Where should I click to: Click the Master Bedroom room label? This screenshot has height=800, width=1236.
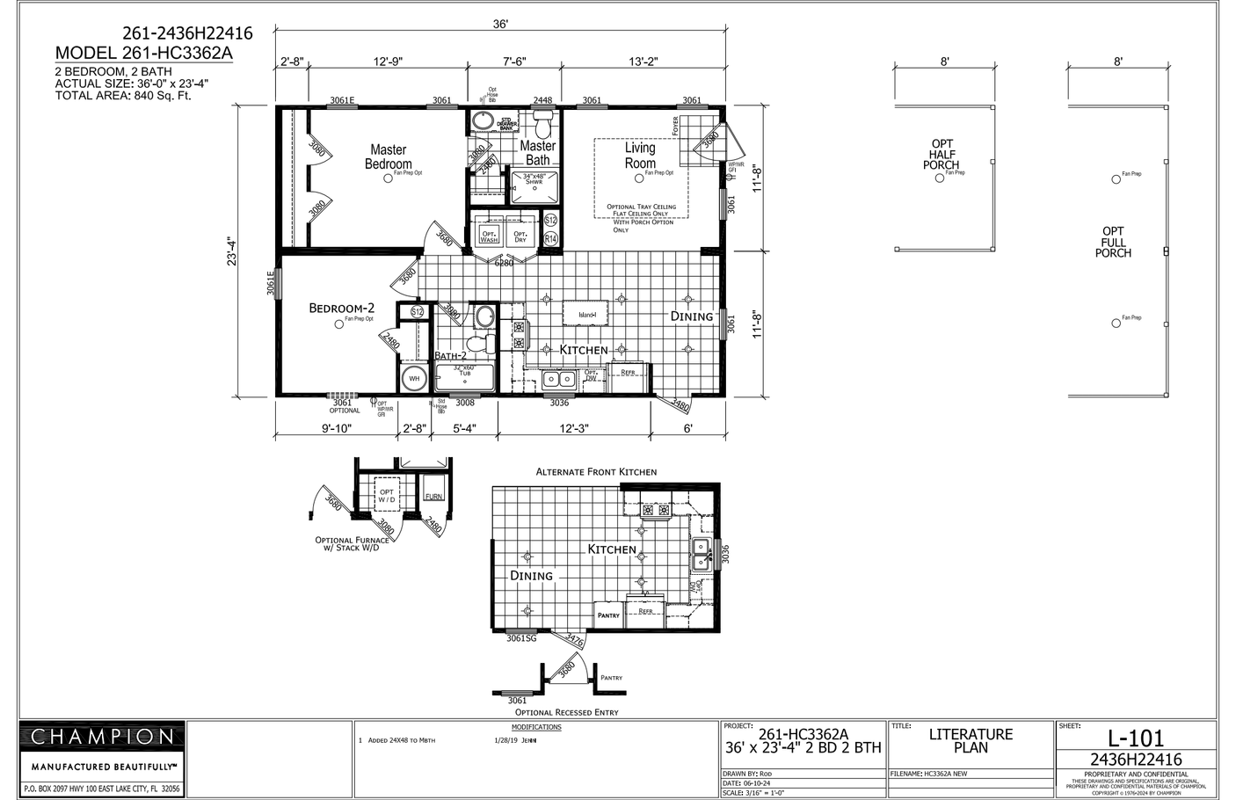tap(388, 157)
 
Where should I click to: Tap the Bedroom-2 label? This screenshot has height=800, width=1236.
tap(341, 308)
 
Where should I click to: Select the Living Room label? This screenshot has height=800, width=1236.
tap(640, 156)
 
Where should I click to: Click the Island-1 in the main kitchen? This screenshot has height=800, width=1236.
tap(587, 315)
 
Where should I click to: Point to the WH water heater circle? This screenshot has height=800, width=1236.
tap(413, 379)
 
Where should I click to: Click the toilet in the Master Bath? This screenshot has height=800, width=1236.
tap(542, 118)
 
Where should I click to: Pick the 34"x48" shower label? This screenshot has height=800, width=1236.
tap(535, 178)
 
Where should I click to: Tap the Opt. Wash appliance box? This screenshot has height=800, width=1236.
tap(489, 236)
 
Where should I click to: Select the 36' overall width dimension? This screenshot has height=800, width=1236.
tap(500, 25)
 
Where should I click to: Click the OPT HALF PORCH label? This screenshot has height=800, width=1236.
tap(942, 155)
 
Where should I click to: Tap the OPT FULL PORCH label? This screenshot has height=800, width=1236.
tap(1113, 242)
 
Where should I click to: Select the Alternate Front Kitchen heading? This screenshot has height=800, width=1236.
tap(596, 472)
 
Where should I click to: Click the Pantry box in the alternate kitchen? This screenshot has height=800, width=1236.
tap(609, 614)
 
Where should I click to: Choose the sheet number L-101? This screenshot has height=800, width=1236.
tap(1135, 738)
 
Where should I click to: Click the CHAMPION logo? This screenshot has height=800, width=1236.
tap(103, 737)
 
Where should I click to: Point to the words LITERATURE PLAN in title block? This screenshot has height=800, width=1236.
tap(971, 741)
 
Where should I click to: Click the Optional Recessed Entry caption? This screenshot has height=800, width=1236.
tap(566, 712)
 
